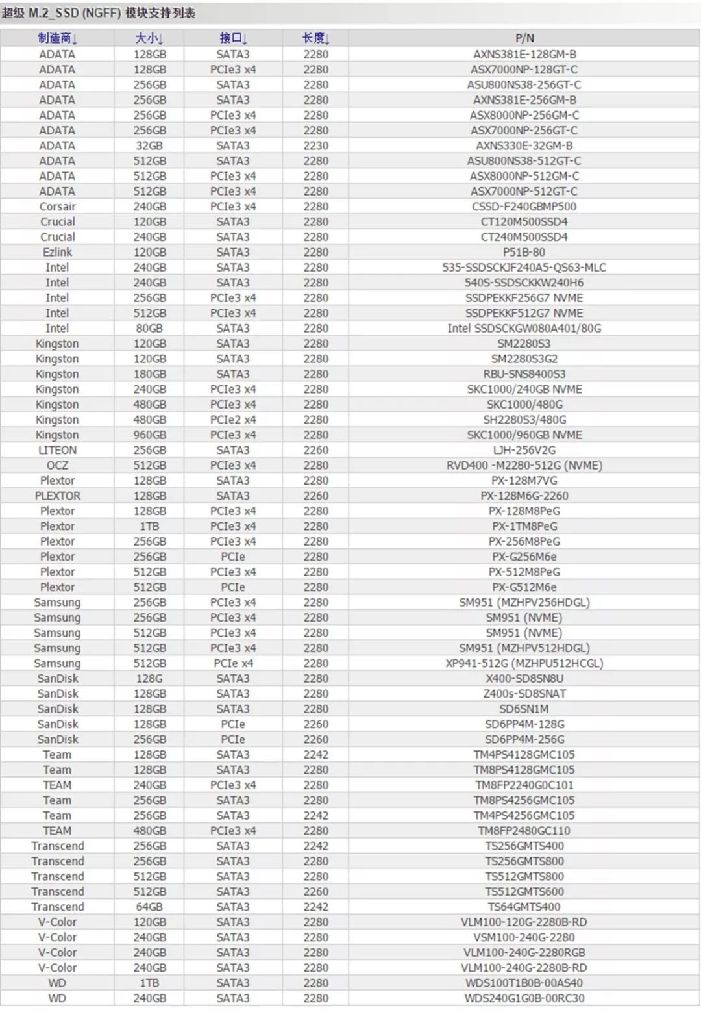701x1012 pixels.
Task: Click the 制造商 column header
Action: [x=57, y=38]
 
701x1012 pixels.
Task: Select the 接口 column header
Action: [x=233, y=38]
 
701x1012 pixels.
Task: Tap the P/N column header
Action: [x=524, y=38]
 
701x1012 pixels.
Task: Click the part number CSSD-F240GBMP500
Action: [x=524, y=207]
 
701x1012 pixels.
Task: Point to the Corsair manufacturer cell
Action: [x=57, y=207]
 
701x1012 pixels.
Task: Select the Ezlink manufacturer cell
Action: [x=57, y=252]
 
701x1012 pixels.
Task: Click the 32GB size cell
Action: [x=149, y=145]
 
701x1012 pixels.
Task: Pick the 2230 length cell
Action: [x=315, y=145]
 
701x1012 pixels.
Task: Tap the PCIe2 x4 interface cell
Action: [x=233, y=420]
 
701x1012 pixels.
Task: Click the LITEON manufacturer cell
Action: [x=57, y=450]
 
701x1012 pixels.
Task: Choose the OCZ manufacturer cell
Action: [x=57, y=465]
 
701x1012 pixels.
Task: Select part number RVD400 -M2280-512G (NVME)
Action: [x=524, y=465]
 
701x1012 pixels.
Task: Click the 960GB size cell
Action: [x=149, y=435]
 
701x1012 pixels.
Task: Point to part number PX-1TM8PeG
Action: [x=524, y=526]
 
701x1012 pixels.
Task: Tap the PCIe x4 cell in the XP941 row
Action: [x=233, y=663]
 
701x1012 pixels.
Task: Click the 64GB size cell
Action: [x=149, y=907]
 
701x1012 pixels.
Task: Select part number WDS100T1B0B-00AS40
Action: [x=524, y=983]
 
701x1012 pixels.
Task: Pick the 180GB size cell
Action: [x=149, y=374]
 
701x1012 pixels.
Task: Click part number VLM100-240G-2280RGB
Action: [x=524, y=952]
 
